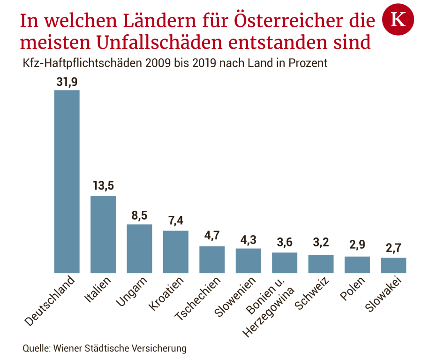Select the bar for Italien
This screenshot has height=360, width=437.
click(x=103, y=234)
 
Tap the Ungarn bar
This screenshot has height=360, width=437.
click(x=139, y=248)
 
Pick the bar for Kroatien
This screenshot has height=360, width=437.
click(x=175, y=252)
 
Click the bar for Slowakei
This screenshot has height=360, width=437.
click(x=393, y=265)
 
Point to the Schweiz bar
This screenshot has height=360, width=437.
click(x=321, y=264)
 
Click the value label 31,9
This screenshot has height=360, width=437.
click(x=67, y=82)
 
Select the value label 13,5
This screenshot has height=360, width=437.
click(x=103, y=186)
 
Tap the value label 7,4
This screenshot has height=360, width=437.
click(x=175, y=221)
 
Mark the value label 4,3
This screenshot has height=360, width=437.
click(x=248, y=239)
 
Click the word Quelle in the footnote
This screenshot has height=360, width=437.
click(x=36, y=348)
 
